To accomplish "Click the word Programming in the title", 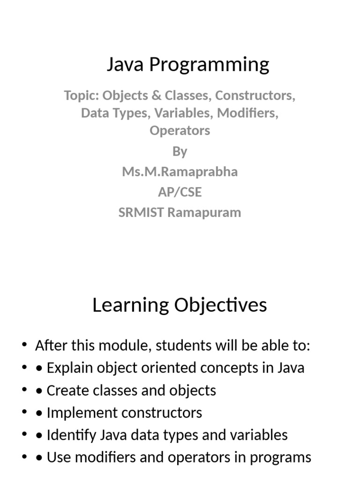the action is coord(209,65).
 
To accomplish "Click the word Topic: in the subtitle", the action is coord(82,96).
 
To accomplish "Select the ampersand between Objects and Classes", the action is coord(156,95).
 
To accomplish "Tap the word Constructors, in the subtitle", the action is coord(255,96).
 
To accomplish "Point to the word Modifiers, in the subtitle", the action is coord(247,113).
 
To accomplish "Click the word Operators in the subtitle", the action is coord(180,131).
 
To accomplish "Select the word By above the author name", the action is coord(180,151).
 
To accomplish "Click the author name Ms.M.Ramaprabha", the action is coord(180,172).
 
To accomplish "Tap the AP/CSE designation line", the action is coord(180,192).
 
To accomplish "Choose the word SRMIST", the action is coord(141,212).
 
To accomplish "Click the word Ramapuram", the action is coord(204,213).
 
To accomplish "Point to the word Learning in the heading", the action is coord(131,305).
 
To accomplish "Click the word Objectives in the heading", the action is coord(221,305).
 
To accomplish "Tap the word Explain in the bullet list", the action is coord(70,367).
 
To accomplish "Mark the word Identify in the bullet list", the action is coord(72,435).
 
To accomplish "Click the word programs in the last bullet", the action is coord(280,457).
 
